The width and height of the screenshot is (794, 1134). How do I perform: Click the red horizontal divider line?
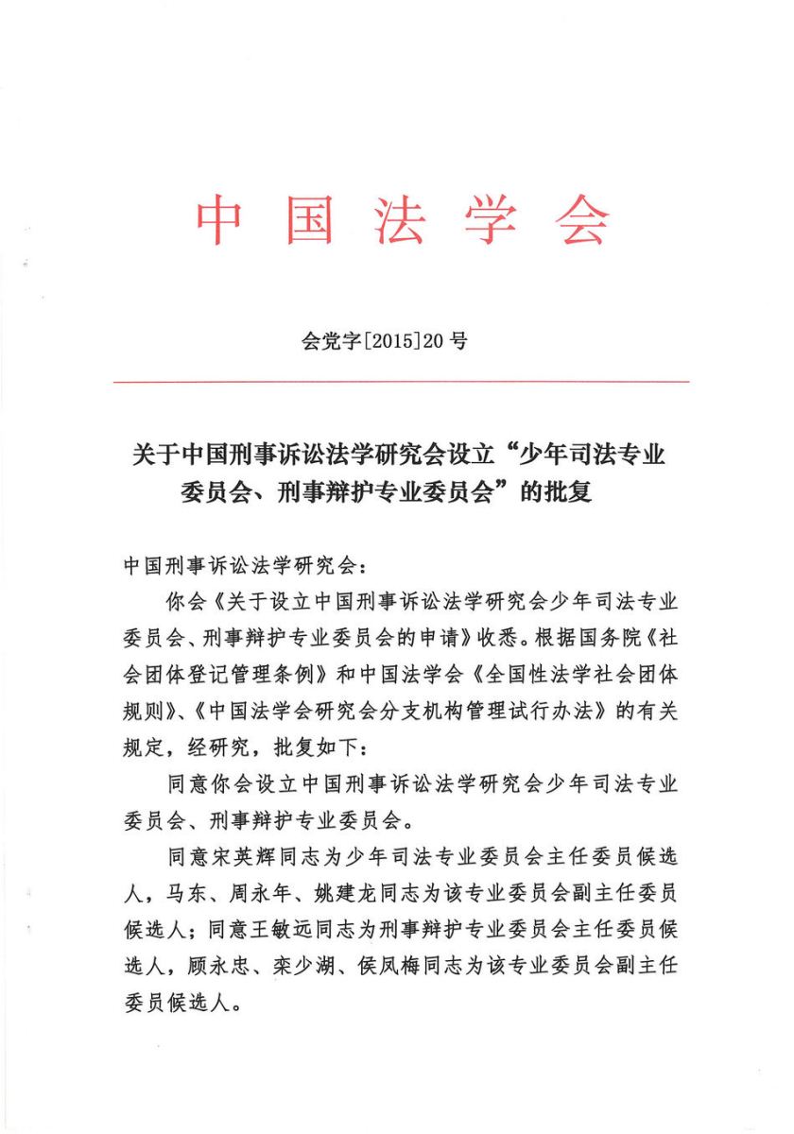pyautogui.click(x=401, y=381)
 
